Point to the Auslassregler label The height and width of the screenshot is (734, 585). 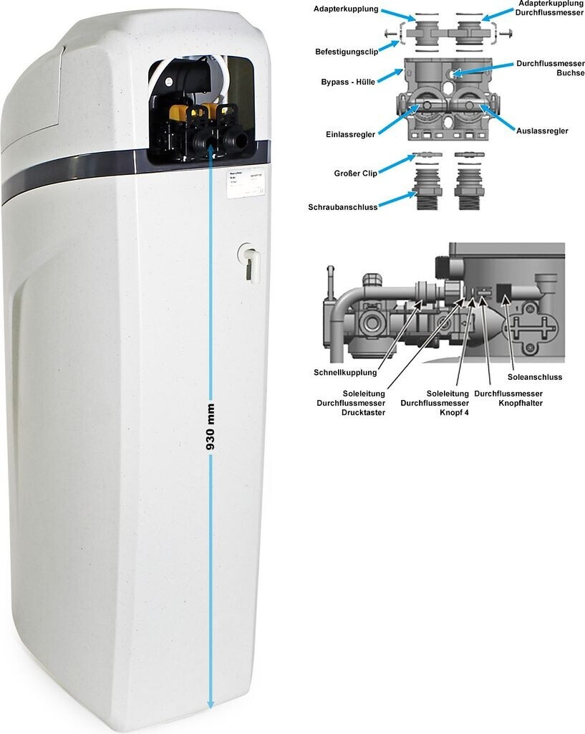pyautogui.click(x=542, y=131)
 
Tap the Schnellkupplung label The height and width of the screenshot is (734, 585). pyautogui.click(x=345, y=372)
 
